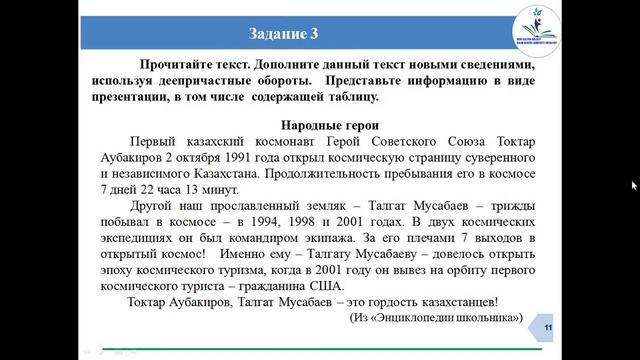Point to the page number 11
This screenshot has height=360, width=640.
coord(547,329)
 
